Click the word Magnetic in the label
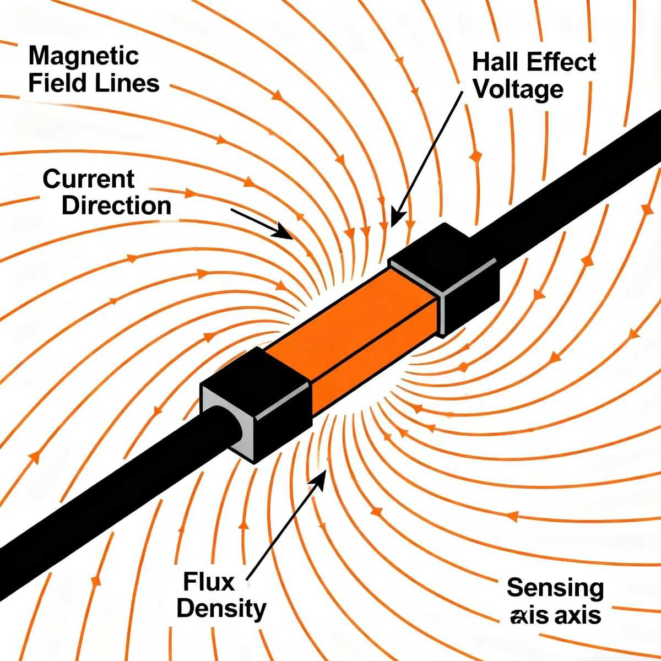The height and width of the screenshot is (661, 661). click(83, 56)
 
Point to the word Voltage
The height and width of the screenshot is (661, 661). click(518, 89)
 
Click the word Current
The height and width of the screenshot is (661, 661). click(88, 179)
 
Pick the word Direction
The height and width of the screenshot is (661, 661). click(116, 205)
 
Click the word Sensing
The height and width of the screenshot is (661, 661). click(555, 588)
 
